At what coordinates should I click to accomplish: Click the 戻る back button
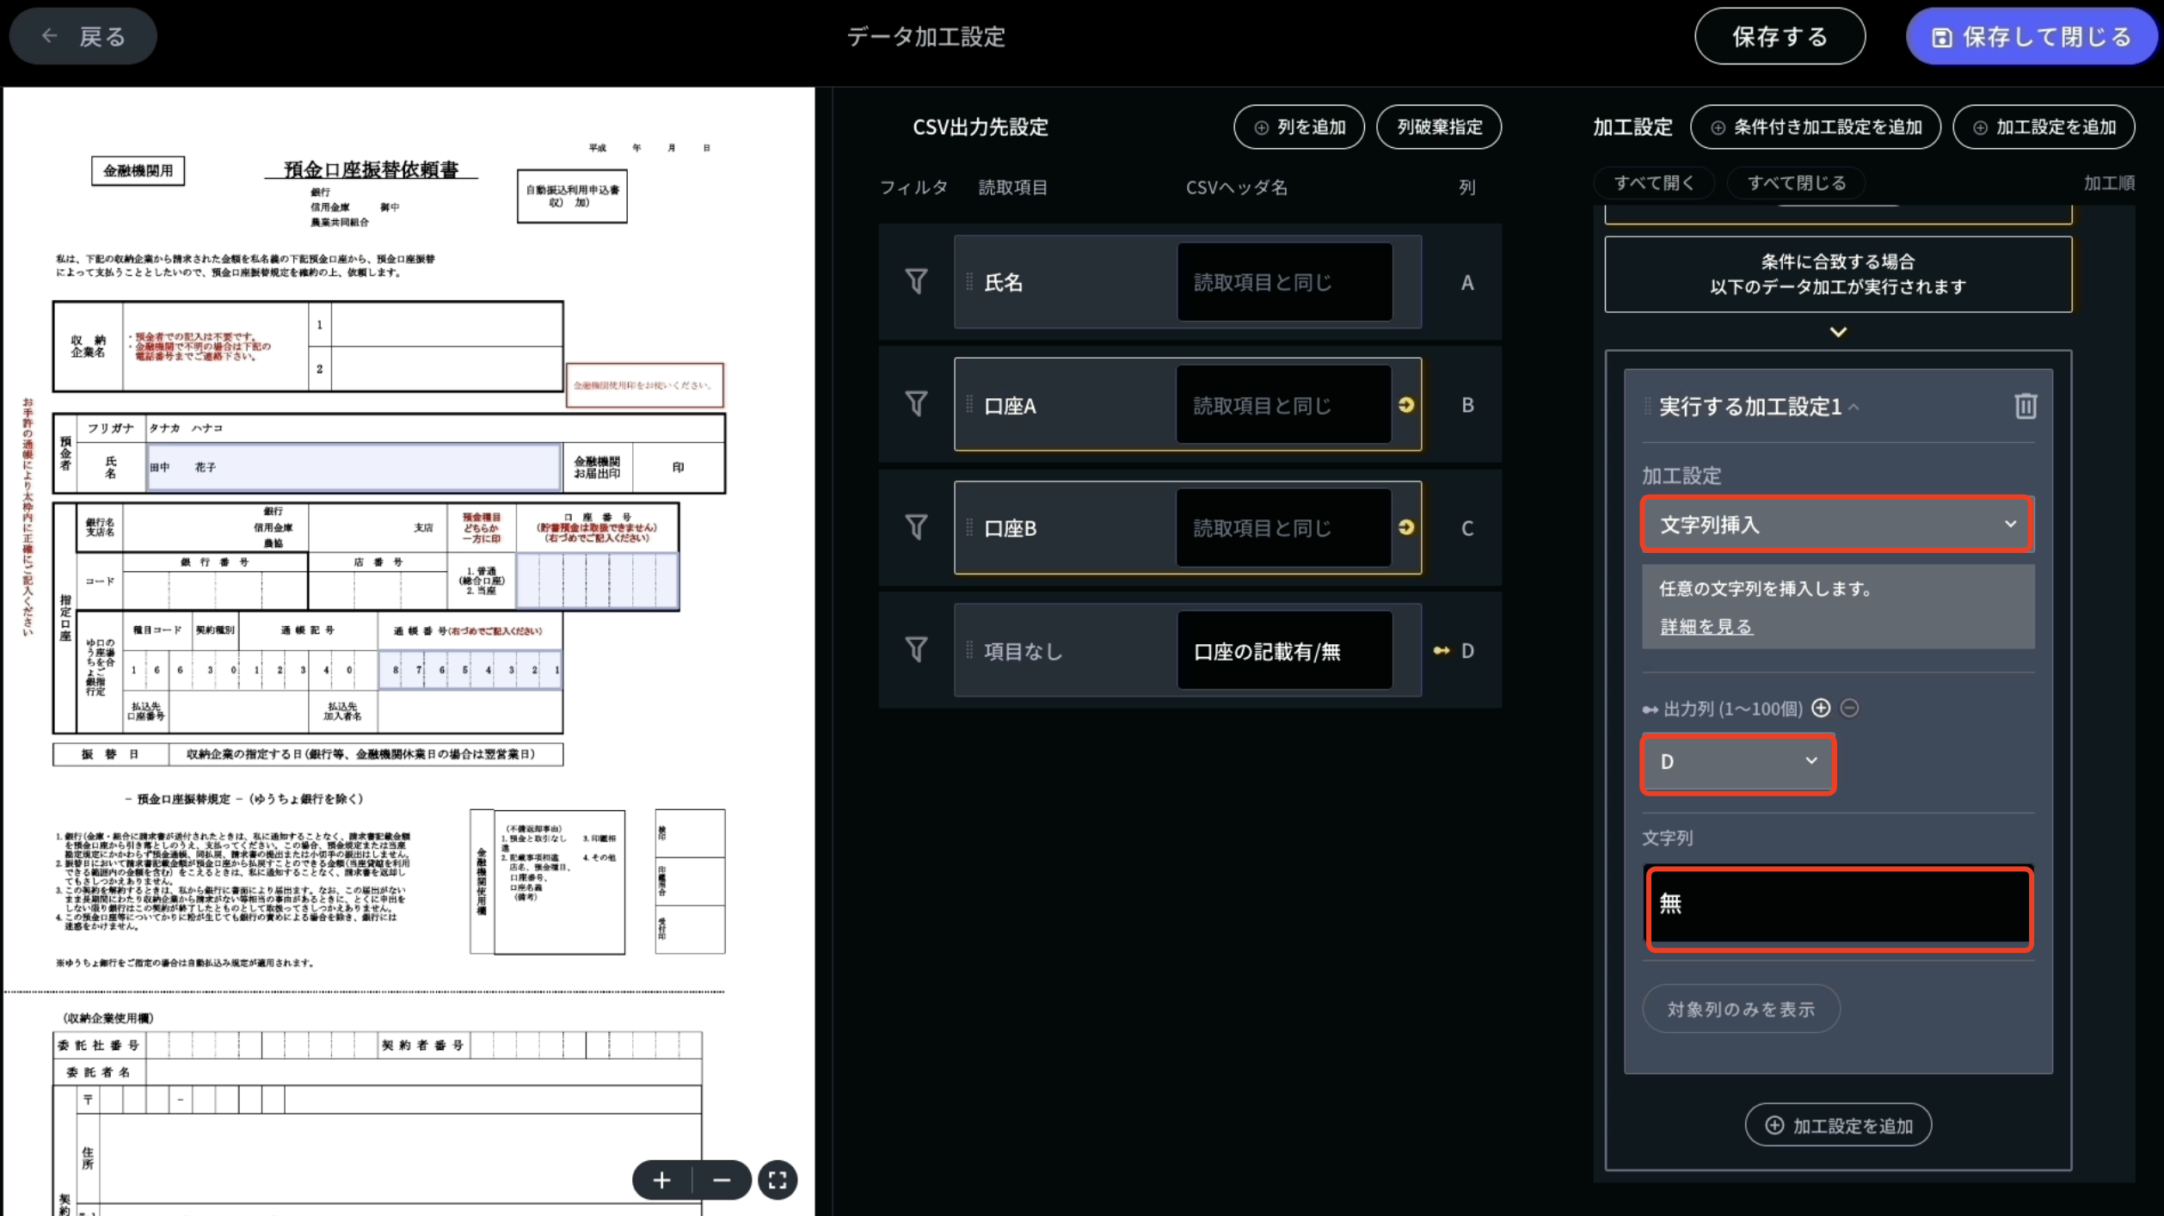83,36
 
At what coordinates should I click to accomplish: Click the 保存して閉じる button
2031,37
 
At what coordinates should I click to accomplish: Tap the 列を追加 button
1299,127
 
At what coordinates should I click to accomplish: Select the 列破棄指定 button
1439,127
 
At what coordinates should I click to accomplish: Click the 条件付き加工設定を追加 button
1816,127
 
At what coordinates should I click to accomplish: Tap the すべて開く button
1653,183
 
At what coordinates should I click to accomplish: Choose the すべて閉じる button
1796,183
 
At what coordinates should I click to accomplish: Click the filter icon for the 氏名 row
916,282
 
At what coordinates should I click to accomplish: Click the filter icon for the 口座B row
916,527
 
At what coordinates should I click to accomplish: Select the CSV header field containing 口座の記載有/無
1284,651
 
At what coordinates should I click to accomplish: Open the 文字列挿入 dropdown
1837,525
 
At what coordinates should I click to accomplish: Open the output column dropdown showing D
1738,763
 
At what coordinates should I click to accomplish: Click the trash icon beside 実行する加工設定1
2025,406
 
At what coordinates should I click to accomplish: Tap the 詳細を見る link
1706,627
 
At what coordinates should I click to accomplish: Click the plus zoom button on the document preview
661,1181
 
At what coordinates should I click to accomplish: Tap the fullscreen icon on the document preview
778,1181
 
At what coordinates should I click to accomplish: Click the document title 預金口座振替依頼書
371,169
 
